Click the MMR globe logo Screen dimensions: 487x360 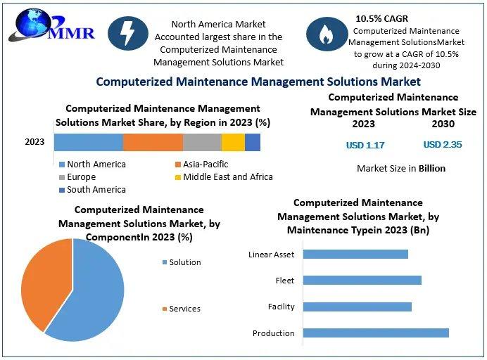coord(51,26)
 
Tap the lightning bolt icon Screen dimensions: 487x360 coord(128,34)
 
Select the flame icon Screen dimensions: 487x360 coord(327,34)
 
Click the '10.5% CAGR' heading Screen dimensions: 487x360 coord(381,18)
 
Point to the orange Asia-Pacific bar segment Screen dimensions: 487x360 coord(153,143)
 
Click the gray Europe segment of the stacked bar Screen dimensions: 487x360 coord(202,143)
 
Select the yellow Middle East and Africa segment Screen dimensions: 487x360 coord(233,143)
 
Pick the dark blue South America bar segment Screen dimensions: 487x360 coord(253,143)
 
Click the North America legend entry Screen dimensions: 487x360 coord(93,164)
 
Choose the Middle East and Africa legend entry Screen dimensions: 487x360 coord(224,177)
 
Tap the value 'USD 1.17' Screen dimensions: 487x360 coord(365,145)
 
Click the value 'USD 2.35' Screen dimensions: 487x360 coord(443,144)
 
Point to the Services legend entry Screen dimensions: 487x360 coord(182,309)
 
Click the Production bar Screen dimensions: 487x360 coord(376,333)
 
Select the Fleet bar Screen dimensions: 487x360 coord(362,281)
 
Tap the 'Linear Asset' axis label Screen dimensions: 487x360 coord(271,255)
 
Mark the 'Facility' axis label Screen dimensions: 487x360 coord(281,307)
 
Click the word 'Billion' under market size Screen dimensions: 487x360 coord(432,168)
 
